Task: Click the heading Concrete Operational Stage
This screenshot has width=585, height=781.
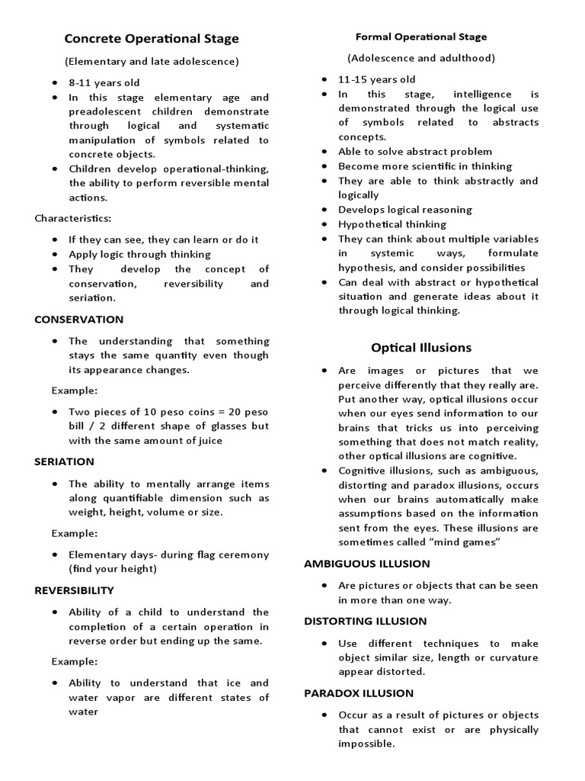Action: [152, 38]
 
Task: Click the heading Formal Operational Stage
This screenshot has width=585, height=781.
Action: [421, 37]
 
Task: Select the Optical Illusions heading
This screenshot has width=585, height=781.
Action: [421, 348]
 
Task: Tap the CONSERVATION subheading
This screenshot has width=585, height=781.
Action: [78, 320]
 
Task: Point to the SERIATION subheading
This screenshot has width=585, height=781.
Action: [65, 461]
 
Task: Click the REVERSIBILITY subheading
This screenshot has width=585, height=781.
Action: [74, 590]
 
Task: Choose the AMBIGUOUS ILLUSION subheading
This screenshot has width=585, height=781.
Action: [367, 564]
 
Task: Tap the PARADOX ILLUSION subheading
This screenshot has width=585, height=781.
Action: [359, 693]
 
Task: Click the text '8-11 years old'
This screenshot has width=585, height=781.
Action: [104, 82]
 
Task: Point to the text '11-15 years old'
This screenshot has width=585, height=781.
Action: [377, 79]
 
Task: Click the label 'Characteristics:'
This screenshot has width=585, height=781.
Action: [73, 218]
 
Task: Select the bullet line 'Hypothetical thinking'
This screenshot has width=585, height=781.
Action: [392, 224]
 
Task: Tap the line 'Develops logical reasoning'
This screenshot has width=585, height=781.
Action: [405, 210]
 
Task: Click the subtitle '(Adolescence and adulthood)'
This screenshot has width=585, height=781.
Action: [421, 58]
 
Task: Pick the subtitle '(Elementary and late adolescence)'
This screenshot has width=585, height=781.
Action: [152, 61]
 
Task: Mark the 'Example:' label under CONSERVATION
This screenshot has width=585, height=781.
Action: [75, 390]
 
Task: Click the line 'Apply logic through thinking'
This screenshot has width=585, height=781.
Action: [139, 254]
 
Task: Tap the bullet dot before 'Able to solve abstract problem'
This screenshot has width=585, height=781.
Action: [324, 152]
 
